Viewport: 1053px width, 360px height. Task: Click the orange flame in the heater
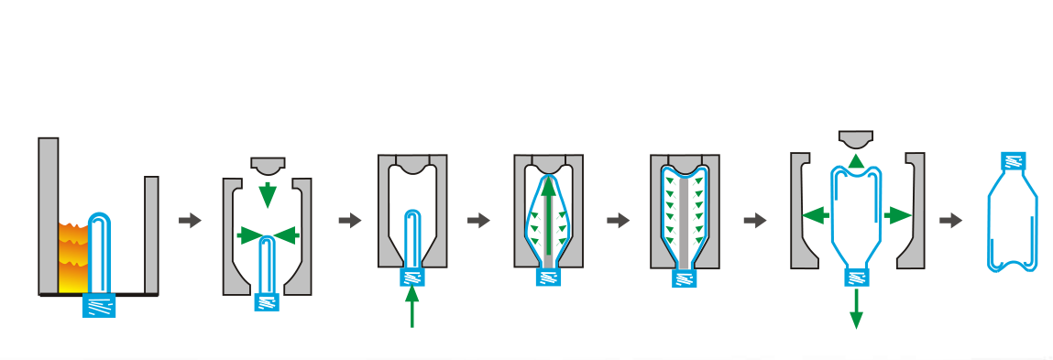(72, 253)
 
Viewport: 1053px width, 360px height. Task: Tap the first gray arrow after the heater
(190, 221)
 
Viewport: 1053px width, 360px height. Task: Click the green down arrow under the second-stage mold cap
(268, 194)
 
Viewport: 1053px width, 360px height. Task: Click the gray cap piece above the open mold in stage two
(268, 166)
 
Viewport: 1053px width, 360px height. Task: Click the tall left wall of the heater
(49, 215)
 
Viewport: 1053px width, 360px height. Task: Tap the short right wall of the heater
(151, 234)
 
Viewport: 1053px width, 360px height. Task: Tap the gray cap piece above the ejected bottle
(856, 139)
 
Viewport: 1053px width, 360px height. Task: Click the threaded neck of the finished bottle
(1013, 163)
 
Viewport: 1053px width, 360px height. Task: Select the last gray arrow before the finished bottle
(951, 221)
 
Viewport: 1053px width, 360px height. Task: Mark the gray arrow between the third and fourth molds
(478, 221)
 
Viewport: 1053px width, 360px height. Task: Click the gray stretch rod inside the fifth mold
(683, 220)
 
